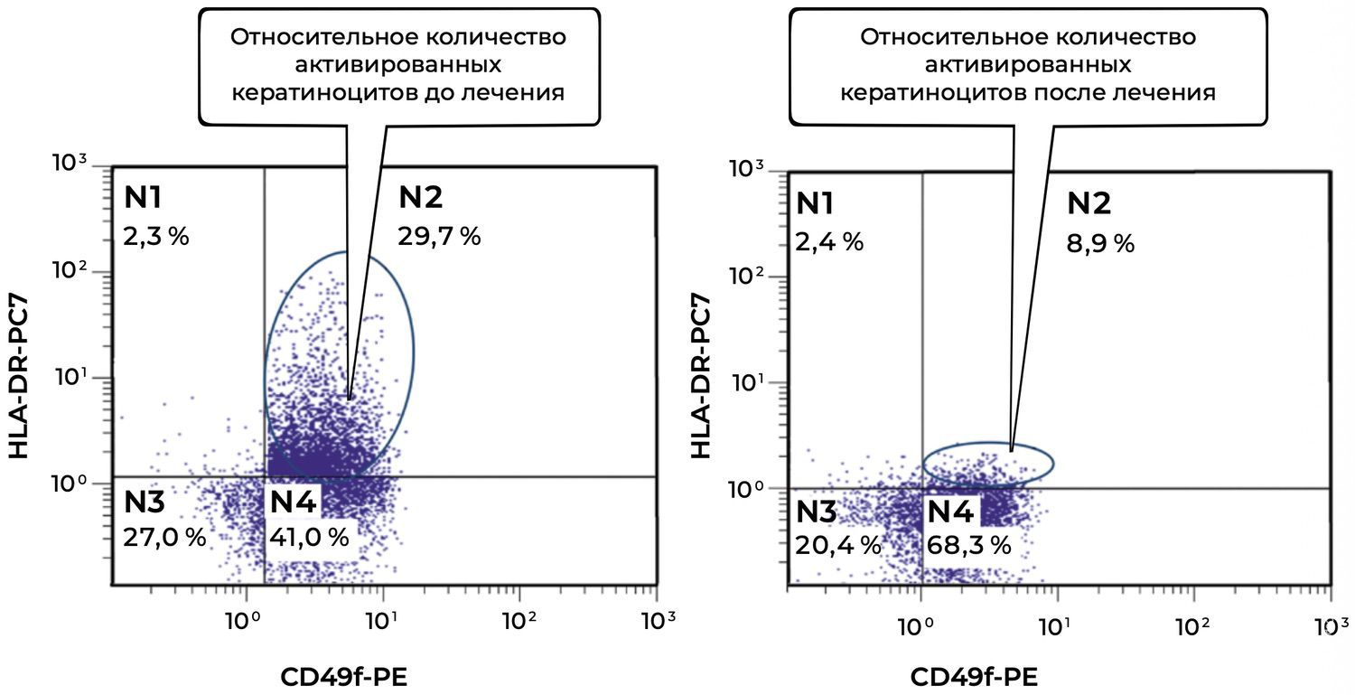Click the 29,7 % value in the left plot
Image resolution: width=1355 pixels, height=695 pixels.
coord(439,237)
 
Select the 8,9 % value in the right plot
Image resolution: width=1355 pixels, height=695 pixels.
coord(1100,243)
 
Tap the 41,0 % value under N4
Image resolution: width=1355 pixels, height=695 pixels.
coord(309,537)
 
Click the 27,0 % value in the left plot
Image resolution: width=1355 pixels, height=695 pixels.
coord(164,537)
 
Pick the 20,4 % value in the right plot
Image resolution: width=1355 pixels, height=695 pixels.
coord(837,544)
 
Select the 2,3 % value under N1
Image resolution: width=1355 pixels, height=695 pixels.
coord(155,237)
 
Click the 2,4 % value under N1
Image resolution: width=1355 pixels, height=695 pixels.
coord(829,242)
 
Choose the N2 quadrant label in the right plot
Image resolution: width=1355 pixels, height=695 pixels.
coord(1089,204)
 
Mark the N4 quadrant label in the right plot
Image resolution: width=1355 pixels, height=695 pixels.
coord(951,512)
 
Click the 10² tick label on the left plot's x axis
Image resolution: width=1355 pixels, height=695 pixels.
coord(519,621)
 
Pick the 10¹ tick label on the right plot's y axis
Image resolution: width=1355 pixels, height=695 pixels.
coord(748,382)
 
